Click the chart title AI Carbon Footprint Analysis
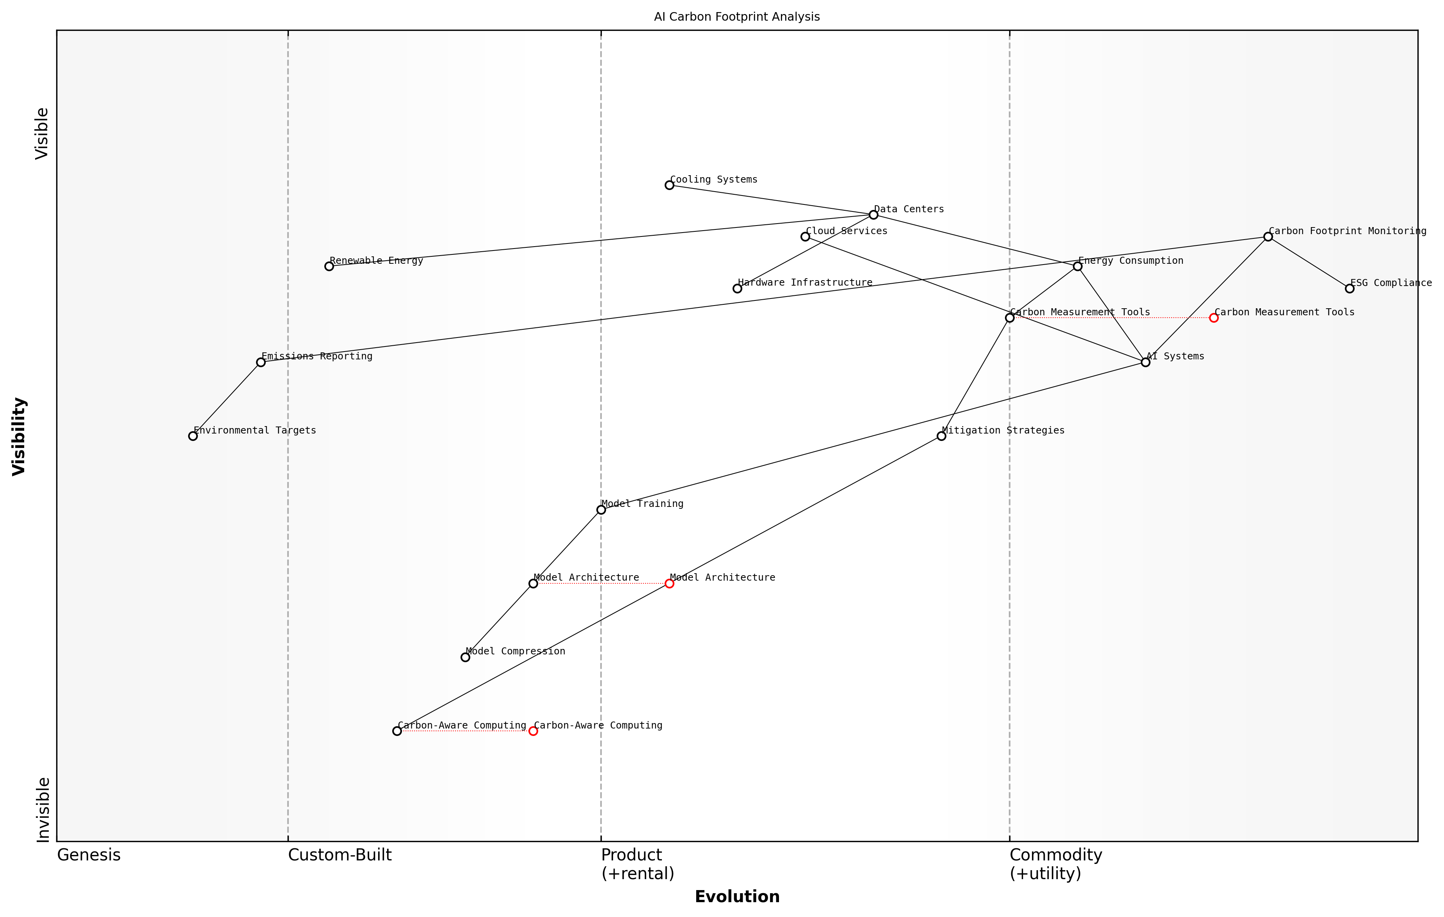[x=736, y=17]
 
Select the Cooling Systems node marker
[x=669, y=185]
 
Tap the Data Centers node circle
[x=873, y=215]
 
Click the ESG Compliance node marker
[x=1349, y=288]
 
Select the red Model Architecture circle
[x=669, y=583]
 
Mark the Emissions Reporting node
[x=261, y=362]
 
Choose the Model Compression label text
[x=515, y=651]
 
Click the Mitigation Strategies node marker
[x=941, y=436]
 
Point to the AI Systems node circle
[x=1145, y=362]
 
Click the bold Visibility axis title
[x=19, y=436]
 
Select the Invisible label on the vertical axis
[x=43, y=810]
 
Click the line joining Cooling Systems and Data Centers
[x=771, y=200]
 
